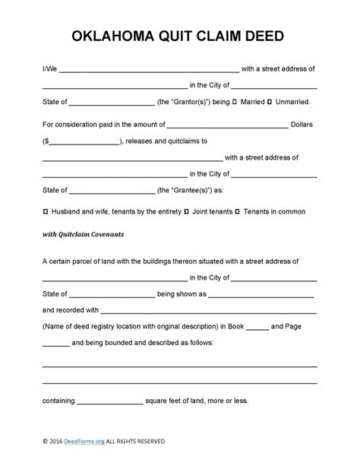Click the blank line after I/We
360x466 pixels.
coord(150,68)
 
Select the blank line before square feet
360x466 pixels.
coord(109,401)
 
